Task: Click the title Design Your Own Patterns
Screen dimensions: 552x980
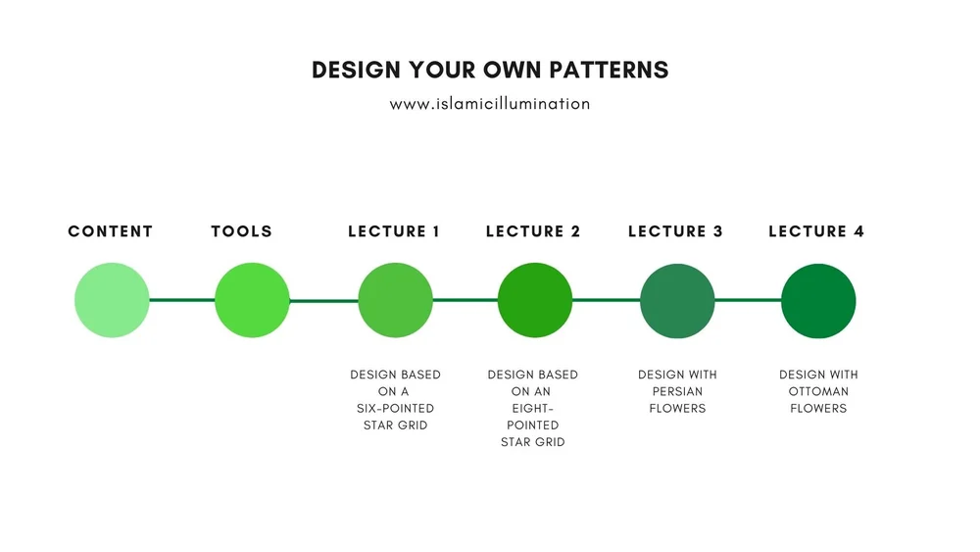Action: [x=490, y=71]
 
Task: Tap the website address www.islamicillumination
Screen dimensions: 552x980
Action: [x=490, y=103]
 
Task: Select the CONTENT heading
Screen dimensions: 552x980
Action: [x=111, y=231]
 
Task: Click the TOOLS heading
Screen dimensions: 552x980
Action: [x=242, y=231]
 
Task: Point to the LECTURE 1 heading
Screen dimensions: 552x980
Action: [x=394, y=231]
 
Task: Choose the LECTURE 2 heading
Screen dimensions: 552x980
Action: [x=533, y=231]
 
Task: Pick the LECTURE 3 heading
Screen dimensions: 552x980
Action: [x=675, y=231]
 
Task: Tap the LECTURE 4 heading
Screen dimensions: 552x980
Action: [x=816, y=231]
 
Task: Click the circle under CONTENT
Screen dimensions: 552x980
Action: [x=112, y=300]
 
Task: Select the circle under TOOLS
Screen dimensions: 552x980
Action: [x=252, y=300]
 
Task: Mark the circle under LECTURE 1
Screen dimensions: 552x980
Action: [x=395, y=300]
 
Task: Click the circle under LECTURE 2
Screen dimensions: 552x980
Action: [x=534, y=300]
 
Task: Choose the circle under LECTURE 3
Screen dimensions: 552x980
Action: [x=677, y=300]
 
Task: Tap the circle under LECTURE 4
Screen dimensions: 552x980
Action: [x=818, y=300]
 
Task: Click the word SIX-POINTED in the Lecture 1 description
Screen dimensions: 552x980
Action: [x=395, y=408]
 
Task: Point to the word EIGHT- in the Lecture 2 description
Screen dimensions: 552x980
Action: [x=533, y=408]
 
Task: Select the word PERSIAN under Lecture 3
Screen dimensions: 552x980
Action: [x=677, y=391]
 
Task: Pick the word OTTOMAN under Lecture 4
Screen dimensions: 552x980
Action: [x=818, y=391]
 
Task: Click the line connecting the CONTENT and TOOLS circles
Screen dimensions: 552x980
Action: [x=182, y=300]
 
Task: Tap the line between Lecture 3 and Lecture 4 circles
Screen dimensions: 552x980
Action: [x=748, y=300]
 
